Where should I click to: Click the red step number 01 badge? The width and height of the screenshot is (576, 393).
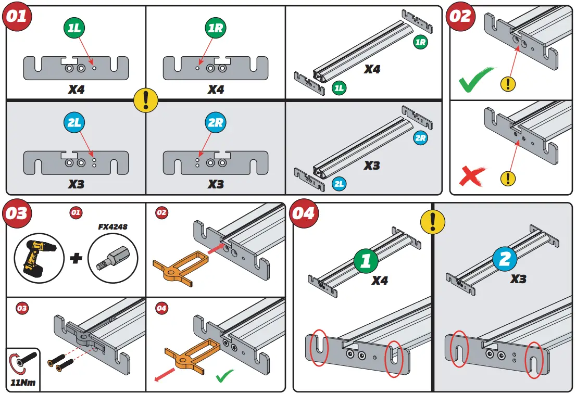[16, 16]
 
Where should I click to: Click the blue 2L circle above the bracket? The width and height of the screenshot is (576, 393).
[75, 123]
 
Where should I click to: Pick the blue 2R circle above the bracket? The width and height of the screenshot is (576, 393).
[215, 123]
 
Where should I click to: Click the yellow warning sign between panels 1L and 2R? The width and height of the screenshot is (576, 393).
[145, 99]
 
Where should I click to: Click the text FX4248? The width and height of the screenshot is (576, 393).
[113, 227]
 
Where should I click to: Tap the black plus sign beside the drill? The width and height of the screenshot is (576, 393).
[76, 258]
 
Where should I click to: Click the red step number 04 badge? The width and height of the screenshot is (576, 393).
[303, 213]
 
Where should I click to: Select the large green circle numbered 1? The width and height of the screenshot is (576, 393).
[366, 260]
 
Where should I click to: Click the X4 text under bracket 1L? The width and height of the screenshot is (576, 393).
[76, 90]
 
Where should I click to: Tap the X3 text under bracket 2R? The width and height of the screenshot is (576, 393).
[216, 184]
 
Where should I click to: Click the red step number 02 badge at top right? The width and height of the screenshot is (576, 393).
[460, 16]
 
